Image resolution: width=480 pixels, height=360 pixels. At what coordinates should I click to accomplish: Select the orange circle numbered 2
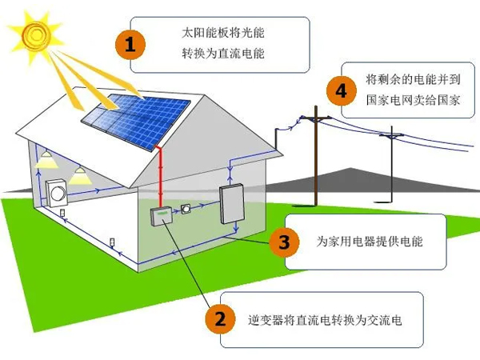click(218, 319)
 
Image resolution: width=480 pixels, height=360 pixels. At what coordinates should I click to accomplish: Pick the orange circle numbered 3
click(285, 240)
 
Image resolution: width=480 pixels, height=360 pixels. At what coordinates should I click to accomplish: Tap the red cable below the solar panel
click(162, 176)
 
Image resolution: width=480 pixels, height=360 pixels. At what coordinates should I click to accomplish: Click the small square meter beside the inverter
click(186, 210)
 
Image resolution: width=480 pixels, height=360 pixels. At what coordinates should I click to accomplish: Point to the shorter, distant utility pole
click(391, 160)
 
